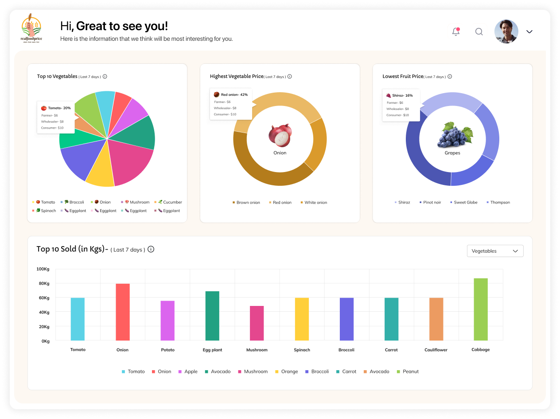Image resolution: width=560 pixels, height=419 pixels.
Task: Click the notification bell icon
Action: click(456, 32)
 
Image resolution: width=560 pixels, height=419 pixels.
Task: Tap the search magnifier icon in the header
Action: click(479, 32)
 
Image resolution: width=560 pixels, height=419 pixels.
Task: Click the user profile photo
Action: click(506, 31)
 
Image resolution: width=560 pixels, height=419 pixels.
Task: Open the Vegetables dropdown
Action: click(495, 251)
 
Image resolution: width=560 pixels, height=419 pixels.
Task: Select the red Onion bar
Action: click(123, 312)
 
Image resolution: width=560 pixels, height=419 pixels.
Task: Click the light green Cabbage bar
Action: click(481, 309)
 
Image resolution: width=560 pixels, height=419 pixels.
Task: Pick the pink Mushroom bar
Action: click(257, 323)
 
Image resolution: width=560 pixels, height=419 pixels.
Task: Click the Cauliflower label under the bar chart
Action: click(436, 350)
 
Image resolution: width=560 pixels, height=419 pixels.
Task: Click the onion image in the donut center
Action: click(280, 135)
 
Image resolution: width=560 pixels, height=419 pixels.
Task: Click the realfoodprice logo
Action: click(31, 29)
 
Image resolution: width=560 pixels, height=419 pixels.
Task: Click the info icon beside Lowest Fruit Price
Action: click(450, 77)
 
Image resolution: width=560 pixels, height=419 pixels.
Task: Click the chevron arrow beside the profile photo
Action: click(529, 31)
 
